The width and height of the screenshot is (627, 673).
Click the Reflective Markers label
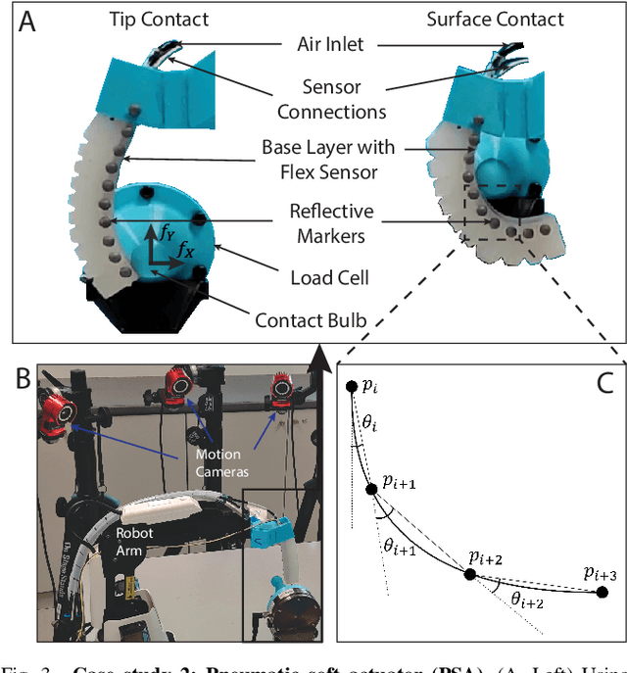coord(332,224)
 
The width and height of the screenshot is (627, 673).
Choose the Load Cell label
coord(329,278)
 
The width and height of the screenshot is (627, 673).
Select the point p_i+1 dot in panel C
coord(371,488)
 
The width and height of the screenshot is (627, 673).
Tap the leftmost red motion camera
coord(57,412)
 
